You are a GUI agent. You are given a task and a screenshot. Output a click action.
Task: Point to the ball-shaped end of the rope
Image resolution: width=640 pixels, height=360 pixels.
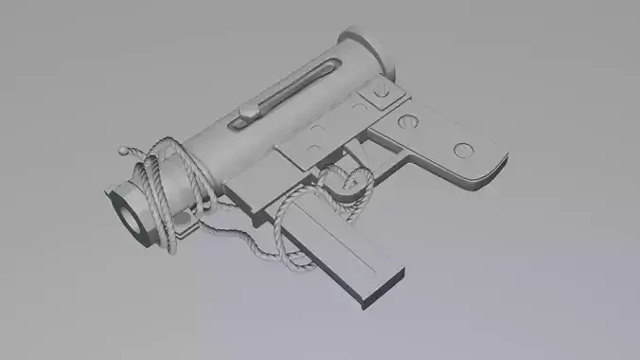[x=122, y=150]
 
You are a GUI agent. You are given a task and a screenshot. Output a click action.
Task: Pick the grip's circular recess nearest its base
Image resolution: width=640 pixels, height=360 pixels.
[x=463, y=149]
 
